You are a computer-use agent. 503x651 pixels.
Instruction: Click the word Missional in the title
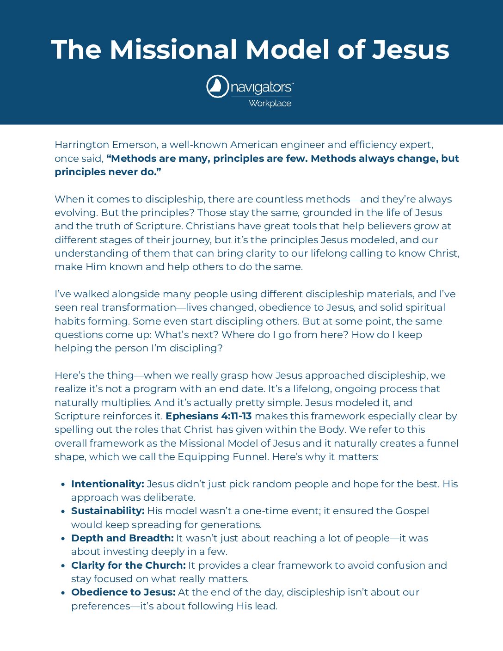pos(174,49)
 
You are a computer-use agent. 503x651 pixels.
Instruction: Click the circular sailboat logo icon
pos(217,86)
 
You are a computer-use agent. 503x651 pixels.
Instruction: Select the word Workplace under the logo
pos(270,103)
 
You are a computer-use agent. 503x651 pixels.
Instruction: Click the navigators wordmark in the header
pos(262,87)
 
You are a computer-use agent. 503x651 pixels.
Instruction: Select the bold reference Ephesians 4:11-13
pos(209,416)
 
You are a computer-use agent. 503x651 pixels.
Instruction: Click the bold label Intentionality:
pos(108,484)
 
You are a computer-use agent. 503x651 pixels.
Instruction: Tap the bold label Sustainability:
pos(108,511)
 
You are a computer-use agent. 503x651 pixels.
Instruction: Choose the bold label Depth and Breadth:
pos(122,538)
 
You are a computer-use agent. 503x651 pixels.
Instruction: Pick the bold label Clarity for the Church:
pos(128,565)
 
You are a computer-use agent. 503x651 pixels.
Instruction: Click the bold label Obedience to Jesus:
pos(123,592)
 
